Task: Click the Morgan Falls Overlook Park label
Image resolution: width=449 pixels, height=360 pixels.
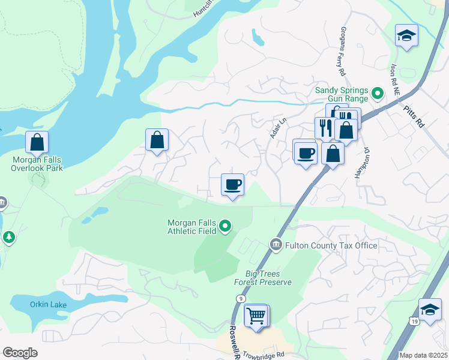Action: tap(37, 164)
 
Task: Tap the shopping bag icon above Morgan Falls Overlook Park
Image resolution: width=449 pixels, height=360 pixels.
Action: tap(37, 142)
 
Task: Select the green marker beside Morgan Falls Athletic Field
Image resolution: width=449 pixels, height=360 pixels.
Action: tap(225, 226)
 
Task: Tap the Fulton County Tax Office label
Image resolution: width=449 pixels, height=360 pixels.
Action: tap(331, 245)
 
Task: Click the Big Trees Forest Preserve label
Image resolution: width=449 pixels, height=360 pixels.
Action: tap(264, 278)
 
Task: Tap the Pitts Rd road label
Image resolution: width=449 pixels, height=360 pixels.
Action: tap(415, 116)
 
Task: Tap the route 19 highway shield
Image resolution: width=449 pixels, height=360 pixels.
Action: tap(415, 322)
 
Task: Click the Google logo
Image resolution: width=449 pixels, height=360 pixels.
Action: tap(20, 353)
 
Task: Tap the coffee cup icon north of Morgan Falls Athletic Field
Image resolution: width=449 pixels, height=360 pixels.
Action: tap(232, 184)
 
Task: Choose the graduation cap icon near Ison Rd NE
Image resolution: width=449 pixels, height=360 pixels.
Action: tap(406, 35)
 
